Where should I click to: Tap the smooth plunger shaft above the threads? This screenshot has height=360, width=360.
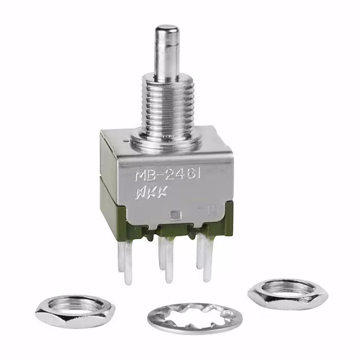coord(167,56)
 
